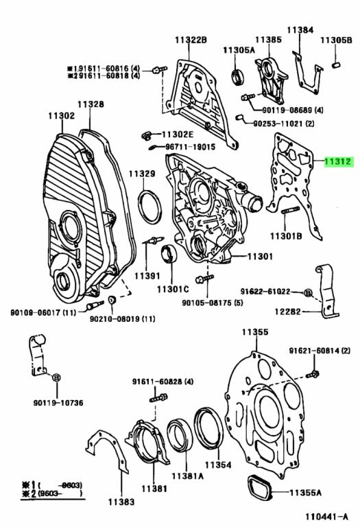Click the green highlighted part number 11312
point(339,163)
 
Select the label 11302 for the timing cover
point(62,116)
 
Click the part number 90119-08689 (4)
point(293,110)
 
